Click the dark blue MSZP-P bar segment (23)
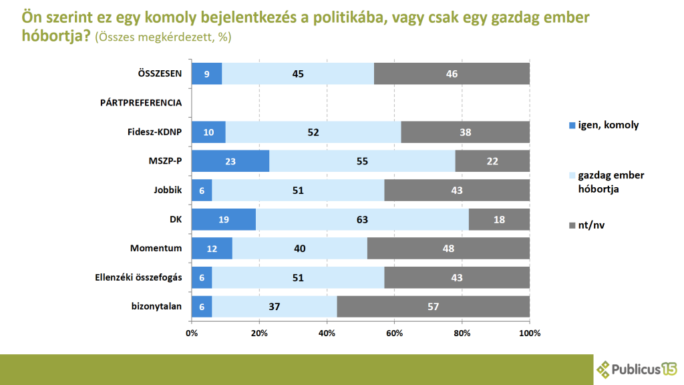click(x=230, y=161)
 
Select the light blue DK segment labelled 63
click(x=362, y=219)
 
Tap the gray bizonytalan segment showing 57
click(x=433, y=306)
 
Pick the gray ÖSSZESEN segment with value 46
click(x=452, y=74)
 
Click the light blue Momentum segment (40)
click(x=301, y=248)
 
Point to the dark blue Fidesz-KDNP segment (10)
click(x=208, y=132)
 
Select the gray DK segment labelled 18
click(x=499, y=219)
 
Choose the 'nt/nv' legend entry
click(x=587, y=225)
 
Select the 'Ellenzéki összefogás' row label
click(x=138, y=277)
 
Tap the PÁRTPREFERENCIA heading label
click(x=141, y=103)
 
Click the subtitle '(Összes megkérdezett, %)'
click(x=163, y=37)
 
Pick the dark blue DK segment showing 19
click(x=224, y=219)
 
